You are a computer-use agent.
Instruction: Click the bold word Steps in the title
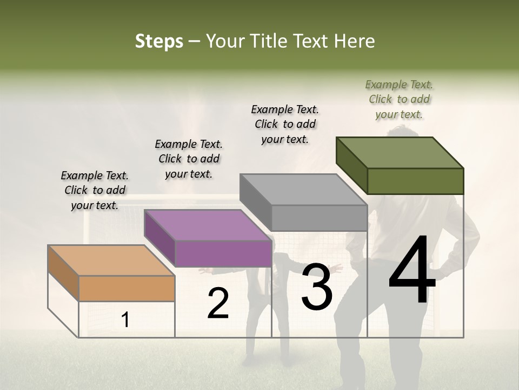tap(159, 41)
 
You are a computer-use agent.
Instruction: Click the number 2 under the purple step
tap(218, 303)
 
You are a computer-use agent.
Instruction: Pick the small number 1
tap(125, 320)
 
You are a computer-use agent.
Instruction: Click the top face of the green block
tap(400, 153)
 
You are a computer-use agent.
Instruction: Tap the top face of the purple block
tap(208, 225)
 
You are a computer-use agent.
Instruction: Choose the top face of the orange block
tap(111, 261)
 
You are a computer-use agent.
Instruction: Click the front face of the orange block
tap(127, 288)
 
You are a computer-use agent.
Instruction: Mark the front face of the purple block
tap(223, 253)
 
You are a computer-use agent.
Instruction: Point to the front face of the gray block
tap(319, 218)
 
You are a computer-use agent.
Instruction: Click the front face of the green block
tap(415, 181)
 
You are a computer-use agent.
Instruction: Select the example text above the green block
tap(399, 99)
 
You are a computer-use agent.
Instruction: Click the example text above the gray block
tap(285, 124)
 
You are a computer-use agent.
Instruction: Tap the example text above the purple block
tap(189, 159)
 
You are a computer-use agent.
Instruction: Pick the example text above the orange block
tap(95, 190)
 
